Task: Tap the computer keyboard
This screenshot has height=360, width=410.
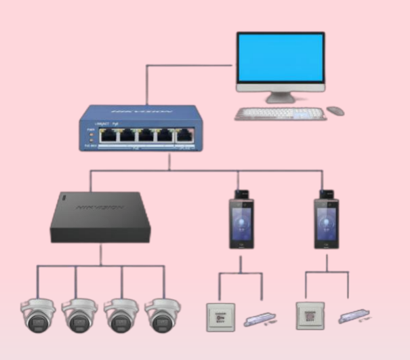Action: (x=280, y=114)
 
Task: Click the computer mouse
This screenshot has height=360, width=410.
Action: (x=335, y=111)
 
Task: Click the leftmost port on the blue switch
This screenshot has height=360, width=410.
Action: (x=107, y=135)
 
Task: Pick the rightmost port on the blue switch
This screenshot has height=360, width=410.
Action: (x=184, y=135)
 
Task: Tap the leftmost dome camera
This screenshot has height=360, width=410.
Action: (x=38, y=314)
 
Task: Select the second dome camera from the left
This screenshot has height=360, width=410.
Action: (x=80, y=314)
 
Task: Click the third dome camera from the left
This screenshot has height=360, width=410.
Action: (x=122, y=314)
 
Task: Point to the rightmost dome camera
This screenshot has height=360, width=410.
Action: (x=163, y=314)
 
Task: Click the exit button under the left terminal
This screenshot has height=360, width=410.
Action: (x=220, y=317)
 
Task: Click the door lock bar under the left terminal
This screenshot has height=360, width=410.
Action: (x=262, y=317)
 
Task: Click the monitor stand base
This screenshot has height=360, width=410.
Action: (x=280, y=99)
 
